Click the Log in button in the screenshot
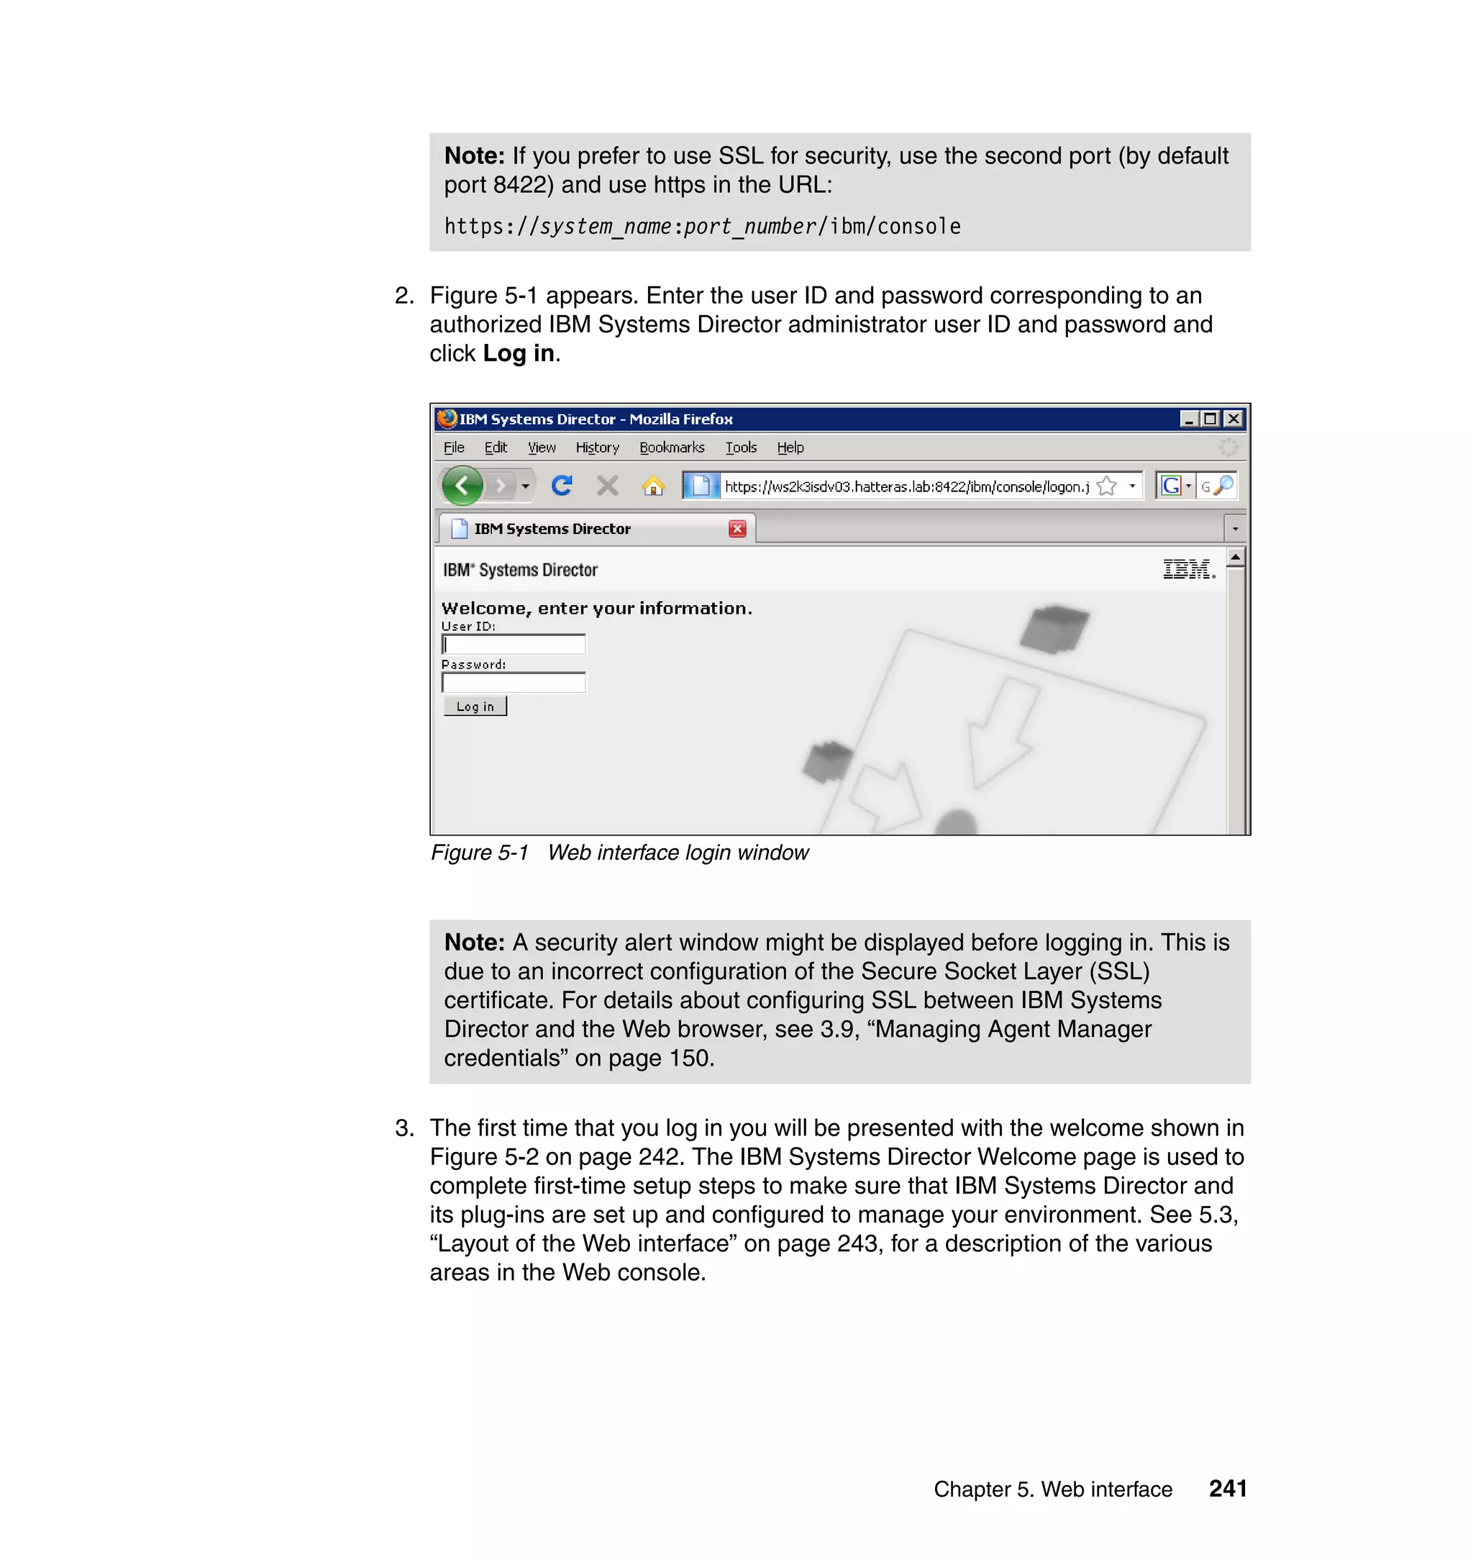coord(475,706)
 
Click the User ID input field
coord(514,645)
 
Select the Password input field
coord(514,683)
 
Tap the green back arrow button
coord(462,486)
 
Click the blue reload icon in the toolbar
coord(562,486)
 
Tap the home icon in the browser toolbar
coord(653,486)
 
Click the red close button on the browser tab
coord(736,529)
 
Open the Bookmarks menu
coord(671,448)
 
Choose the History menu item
coord(597,448)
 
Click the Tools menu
coord(740,448)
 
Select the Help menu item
coord(790,448)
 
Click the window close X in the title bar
coord(1233,419)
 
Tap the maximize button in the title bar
coord(1210,419)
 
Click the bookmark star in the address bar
coord(1106,486)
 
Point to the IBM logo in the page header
coord(1188,569)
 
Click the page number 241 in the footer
coord(1227,1488)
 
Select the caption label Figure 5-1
coord(479,852)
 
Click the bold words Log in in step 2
coord(519,353)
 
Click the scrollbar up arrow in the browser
coord(1235,557)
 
